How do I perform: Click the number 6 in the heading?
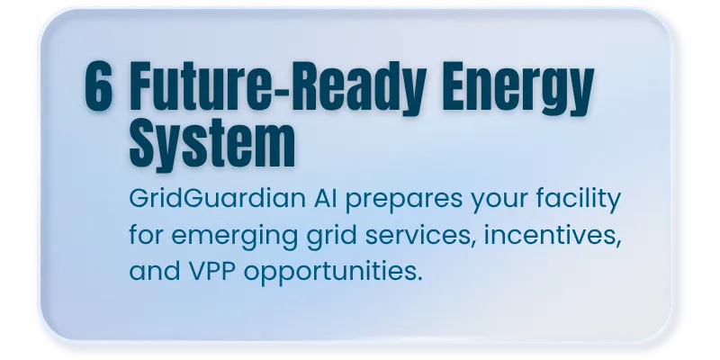pos(99,86)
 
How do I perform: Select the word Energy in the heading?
pos(519,90)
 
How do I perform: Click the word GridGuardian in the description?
pos(217,198)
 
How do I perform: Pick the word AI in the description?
pos(326,198)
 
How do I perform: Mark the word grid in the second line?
pos(331,238)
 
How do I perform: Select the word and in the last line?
pos(155,271)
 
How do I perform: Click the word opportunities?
pos(329,273)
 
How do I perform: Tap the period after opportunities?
pos(419,279)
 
